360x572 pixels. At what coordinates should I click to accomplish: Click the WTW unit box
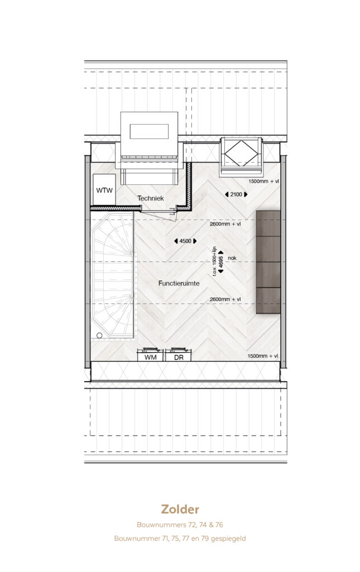tap(104, 190)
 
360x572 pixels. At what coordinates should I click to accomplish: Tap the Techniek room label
tap(151, 198)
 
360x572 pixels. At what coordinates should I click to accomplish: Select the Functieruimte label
tap(179, 283)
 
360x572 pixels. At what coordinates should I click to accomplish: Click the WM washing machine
tap(151, 355)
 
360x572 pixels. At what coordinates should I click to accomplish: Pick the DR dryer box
tap(179, 355)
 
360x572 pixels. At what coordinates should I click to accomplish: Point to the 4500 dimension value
tap(185, 241)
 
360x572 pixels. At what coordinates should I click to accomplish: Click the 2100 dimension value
tap(236, 194)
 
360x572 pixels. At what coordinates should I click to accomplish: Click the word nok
tap(232, 258)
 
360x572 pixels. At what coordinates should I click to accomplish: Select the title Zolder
tap(180, 509)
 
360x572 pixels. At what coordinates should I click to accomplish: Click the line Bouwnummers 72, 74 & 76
tap(180, 525)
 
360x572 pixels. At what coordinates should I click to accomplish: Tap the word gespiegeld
tap(228, 538)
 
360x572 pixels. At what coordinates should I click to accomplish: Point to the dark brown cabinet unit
tap(268, 262)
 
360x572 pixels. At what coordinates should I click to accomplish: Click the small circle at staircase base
tap(99, 335)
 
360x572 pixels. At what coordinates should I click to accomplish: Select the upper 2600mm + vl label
tap(225, 224)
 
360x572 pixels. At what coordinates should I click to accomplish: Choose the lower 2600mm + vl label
tap(225, 299)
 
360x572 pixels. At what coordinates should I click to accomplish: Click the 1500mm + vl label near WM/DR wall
tap(263, 356)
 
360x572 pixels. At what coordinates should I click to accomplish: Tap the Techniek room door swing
tap(159, 215)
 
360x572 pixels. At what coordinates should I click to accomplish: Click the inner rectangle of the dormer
tap(149, 131)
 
